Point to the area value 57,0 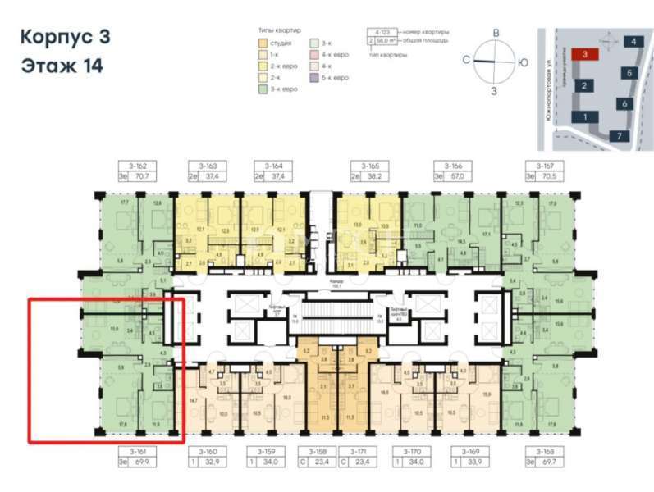457,175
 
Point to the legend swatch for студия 262,42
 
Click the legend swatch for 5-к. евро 315,76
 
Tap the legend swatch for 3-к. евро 262,88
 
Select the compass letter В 496,32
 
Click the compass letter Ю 523,62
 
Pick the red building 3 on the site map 585,54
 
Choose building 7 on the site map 620,134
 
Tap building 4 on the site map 633,40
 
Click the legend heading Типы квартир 279,30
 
